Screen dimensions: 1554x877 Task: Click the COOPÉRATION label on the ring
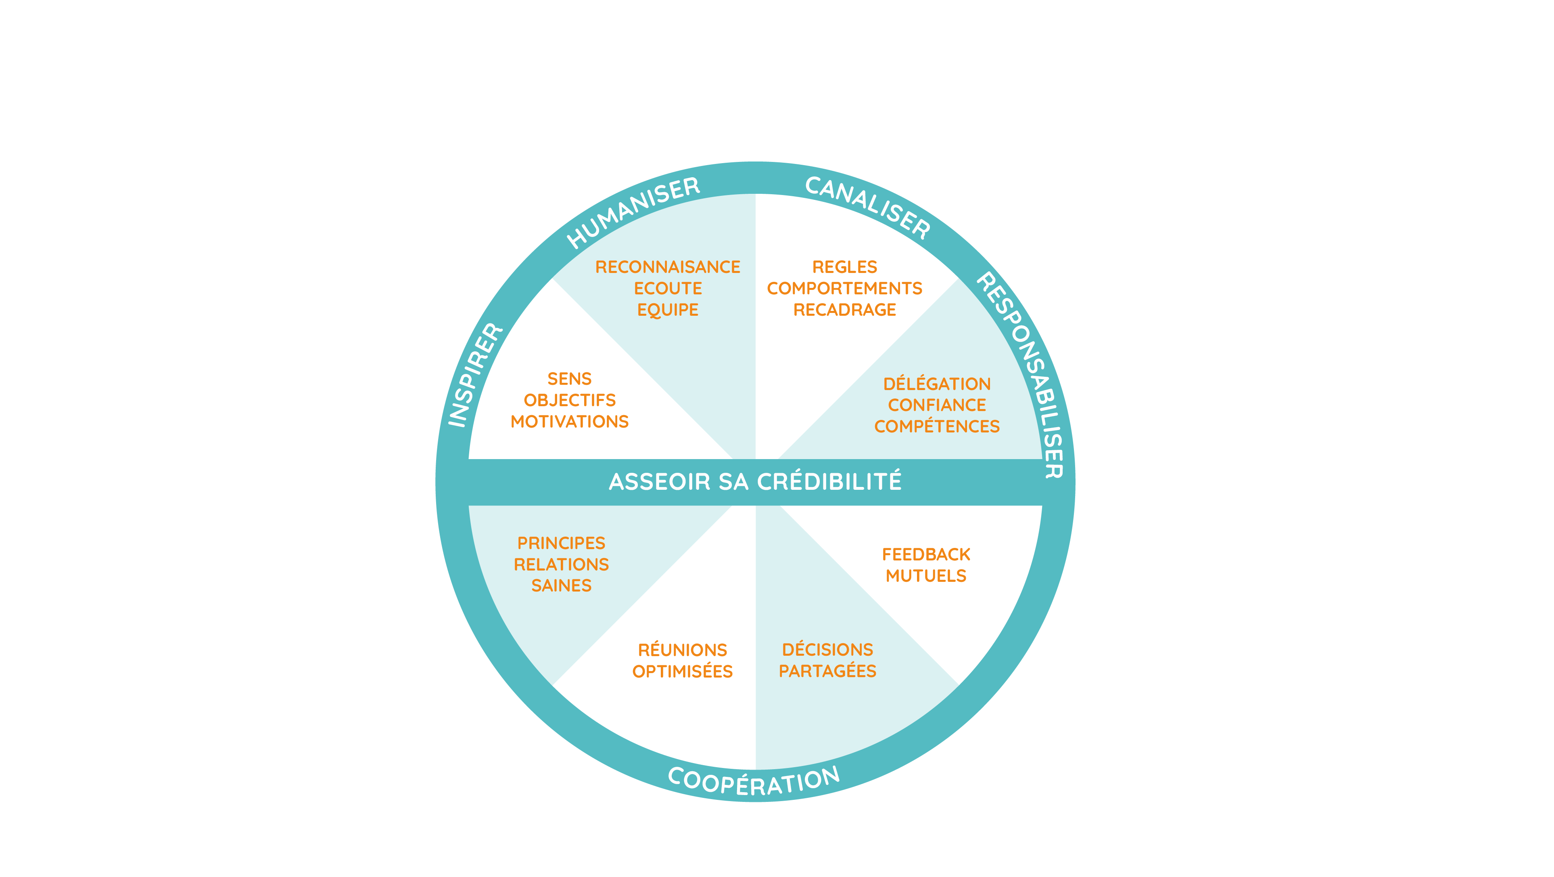pos(754,782)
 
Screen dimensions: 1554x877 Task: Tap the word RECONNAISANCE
pos(668,267)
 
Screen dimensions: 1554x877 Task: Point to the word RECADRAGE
pos(844,310)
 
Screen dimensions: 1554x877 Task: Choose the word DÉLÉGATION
pos(937,383)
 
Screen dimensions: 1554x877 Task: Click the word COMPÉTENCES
pos(937,426)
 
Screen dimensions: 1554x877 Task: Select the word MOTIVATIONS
pos(570,421)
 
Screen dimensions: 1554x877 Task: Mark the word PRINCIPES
pos(562,543)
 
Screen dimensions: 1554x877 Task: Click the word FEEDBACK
pos(926,554)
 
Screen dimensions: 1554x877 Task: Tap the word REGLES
pos(844,267)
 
